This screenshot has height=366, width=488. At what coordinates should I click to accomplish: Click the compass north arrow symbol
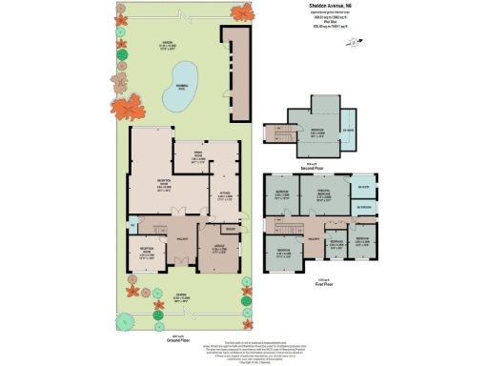pos(354,41)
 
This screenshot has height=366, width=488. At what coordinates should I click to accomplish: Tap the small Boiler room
pos(230,229)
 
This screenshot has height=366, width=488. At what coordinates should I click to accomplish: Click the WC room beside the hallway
pos(132,225)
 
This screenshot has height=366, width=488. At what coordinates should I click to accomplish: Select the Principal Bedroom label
pos(324,197)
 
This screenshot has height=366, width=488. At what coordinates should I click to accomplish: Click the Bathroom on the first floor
pos(362,206)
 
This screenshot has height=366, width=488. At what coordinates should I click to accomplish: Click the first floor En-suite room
pos(362,186)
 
